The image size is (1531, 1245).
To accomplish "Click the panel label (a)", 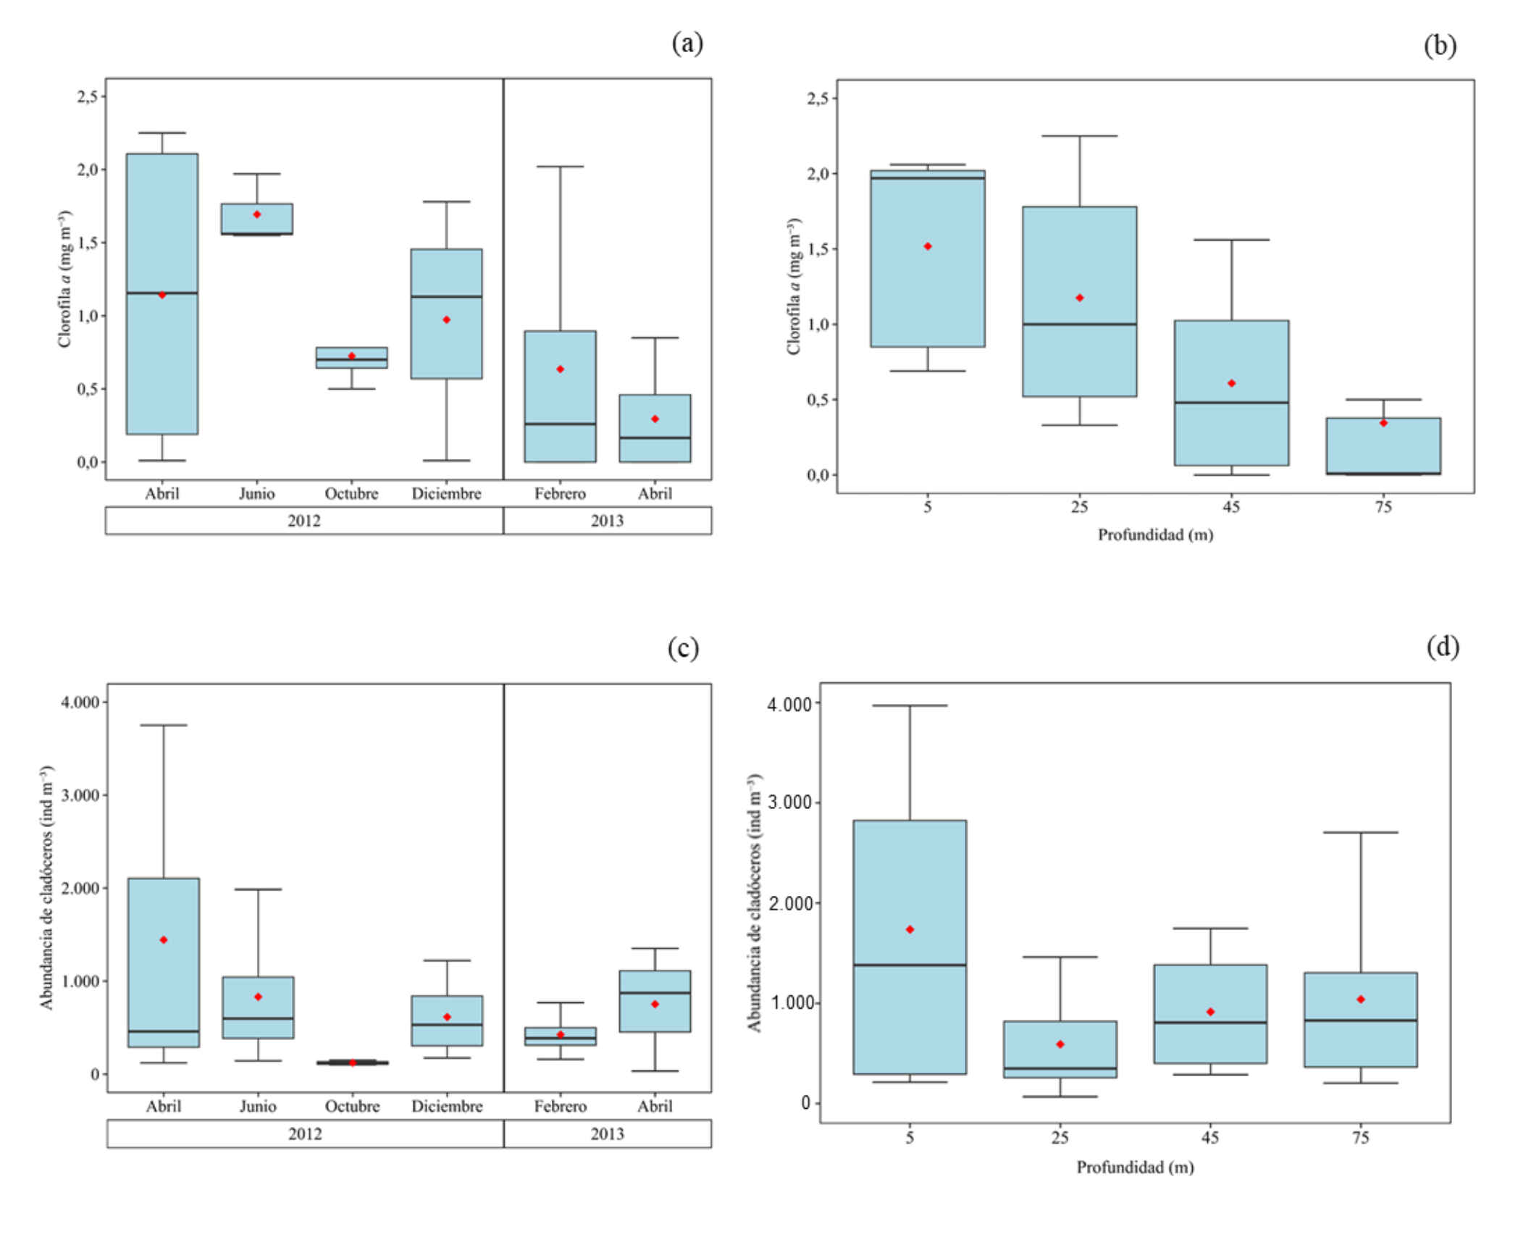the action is [687, 43].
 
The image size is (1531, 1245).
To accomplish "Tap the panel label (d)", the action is [1443, 646].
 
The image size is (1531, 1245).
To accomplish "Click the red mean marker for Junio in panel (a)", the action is [257, 214].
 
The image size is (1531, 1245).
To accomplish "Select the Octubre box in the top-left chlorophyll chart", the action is [352, 358].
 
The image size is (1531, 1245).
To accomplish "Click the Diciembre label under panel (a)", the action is [447, 493].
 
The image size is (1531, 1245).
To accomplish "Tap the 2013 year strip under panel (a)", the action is [608, 521].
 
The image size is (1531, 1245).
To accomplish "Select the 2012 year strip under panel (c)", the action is [305, 1133].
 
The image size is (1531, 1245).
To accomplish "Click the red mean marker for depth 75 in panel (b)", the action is [1383, 423].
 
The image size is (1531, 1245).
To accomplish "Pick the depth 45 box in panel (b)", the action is [1231, 393].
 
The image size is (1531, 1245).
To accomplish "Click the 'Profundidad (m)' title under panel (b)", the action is [1155, 535].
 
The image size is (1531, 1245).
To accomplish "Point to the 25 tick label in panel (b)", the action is [1079, 507].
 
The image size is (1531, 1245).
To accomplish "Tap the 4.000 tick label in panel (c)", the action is [80, 702].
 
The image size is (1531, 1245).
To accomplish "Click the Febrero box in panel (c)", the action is [561, 1036].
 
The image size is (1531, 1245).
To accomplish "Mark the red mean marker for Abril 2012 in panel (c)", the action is [164, 939].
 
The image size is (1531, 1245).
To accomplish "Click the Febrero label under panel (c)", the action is [561, 1106].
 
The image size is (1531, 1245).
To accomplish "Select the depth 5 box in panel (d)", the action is [910, 947].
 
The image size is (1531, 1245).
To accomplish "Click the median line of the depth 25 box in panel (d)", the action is [1060, 1068].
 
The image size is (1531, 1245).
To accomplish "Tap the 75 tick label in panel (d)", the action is [1361, 1138].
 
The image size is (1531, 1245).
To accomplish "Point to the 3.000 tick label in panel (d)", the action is [789, 802].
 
